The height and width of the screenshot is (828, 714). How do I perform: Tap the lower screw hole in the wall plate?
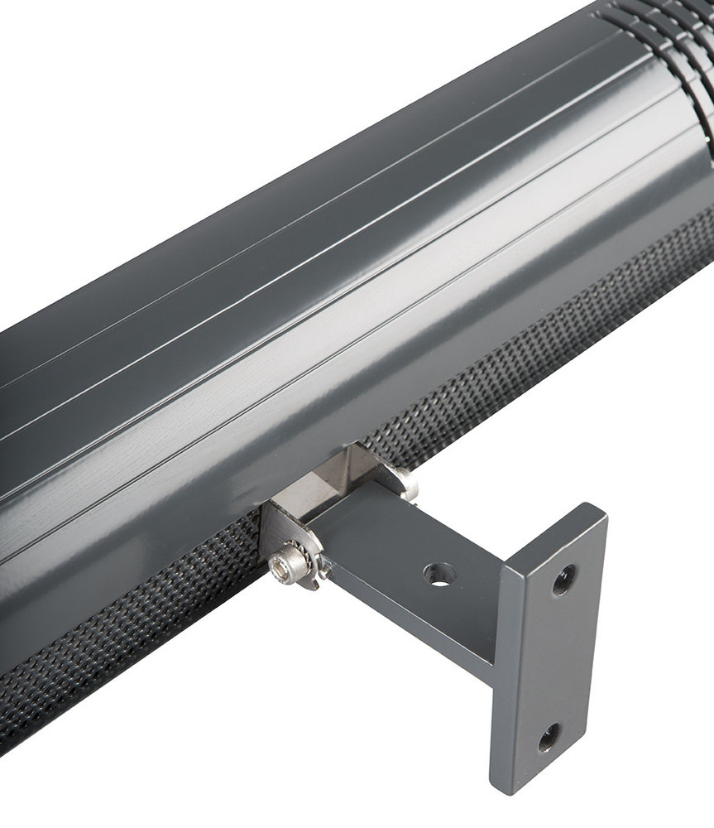click(x=549, y=737)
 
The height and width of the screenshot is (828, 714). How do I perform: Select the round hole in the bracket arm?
click(x=440, y=574)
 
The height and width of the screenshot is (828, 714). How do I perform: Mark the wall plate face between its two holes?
click(x=557, y=658)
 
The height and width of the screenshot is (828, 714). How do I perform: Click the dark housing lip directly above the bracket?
click(x=331, y=431)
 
